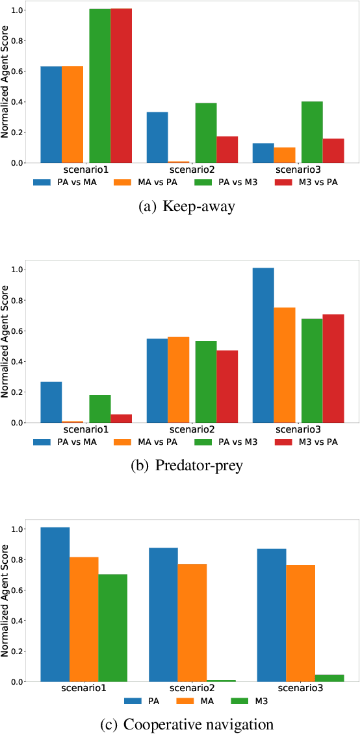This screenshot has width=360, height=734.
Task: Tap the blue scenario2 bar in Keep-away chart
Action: click(157, 137)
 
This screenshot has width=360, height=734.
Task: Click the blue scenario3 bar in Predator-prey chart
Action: click(263, 345)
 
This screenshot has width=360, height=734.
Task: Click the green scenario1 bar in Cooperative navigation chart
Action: click(112, 627)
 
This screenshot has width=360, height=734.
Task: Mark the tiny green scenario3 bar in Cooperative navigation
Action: click(329, 678)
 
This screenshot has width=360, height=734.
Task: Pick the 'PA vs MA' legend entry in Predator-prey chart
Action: click(65, 442)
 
